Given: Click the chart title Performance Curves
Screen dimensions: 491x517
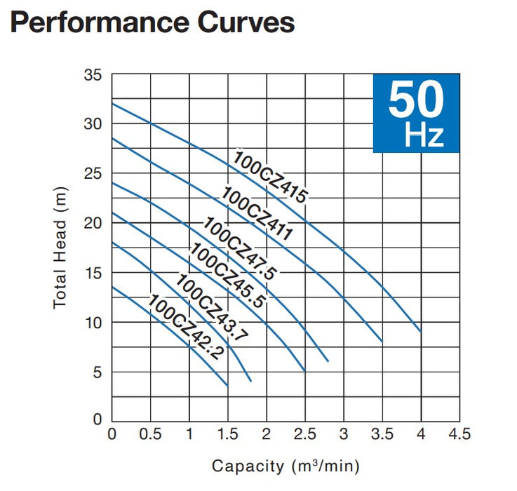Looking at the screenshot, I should [x=152, y=22].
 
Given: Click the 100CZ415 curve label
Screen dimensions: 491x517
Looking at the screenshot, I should [x=270, y=177].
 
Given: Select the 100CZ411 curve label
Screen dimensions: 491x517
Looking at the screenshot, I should [x=257, y=213].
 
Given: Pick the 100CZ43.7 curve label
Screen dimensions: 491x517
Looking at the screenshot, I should [x=211, y=309].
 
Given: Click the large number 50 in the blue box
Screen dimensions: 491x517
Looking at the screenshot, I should [x=416, y=100].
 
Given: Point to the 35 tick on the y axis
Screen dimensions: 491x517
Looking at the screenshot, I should [x=93, y=74].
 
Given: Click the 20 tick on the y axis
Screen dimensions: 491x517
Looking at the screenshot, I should [x=93, y=223].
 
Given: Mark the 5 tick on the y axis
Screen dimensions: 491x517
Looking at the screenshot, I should [x=98, y=372].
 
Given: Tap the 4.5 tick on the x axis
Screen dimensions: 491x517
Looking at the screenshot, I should [x=459, y=435].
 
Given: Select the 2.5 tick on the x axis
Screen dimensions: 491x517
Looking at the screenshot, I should [x=304, y=435].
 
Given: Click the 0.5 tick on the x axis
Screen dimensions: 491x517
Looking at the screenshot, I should [x=151, y=435].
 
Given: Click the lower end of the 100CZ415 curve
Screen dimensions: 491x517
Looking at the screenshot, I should [x=420, y=331].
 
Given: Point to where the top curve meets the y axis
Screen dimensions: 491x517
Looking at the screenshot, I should [x=112, y=104].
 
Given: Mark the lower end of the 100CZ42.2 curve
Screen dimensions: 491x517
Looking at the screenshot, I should [x=227, y=386].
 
